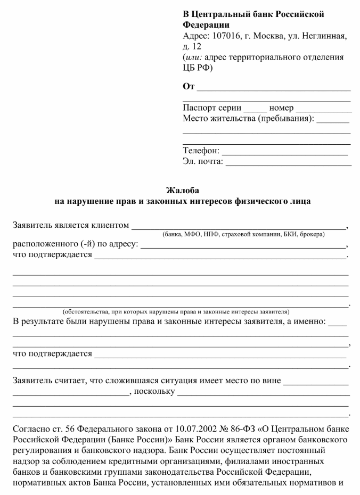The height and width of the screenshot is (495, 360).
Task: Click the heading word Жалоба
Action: (x=182, y=190)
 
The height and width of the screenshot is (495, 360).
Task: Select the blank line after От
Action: (x=274, y=87)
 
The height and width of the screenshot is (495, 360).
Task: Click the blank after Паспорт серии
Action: (x=255, y=109)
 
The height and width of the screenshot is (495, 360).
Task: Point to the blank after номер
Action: (x=324, y=109)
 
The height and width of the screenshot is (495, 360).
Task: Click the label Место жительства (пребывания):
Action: (x=249, y=119)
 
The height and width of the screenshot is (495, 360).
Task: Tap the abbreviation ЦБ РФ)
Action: (x=198, y=68)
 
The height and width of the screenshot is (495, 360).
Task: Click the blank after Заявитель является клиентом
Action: (x=238, y=226)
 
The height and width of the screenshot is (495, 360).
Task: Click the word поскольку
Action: (x=156, y=393)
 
